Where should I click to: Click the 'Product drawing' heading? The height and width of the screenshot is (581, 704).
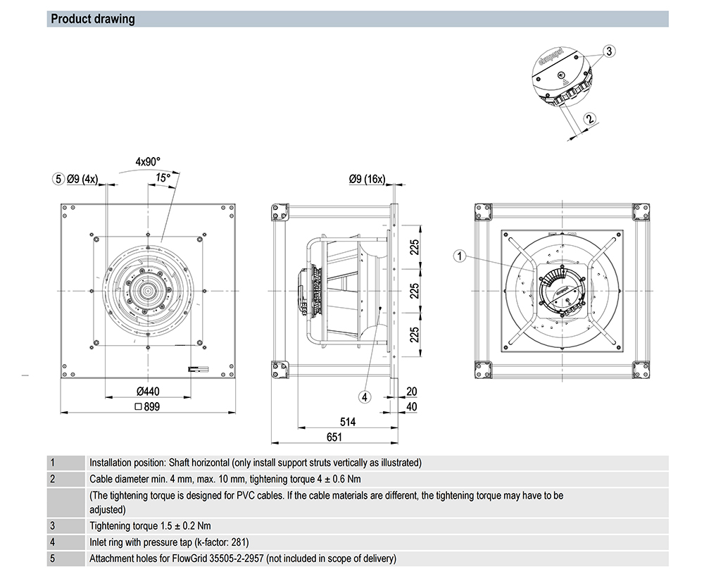(92, 19)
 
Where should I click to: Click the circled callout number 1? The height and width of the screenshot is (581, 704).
(459, 256)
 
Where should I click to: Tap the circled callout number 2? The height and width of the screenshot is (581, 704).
(589, 118)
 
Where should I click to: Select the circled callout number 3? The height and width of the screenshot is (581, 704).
(609, 51)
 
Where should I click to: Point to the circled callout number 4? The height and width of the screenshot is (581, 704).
(365, 397)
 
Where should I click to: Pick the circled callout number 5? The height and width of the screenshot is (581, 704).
(58, 179)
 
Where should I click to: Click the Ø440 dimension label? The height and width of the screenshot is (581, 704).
(148, 392)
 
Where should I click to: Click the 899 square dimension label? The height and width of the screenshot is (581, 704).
(147, 407)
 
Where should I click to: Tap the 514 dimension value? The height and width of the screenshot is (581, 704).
(348, 422)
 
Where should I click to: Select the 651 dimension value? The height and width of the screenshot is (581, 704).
(334, 437)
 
